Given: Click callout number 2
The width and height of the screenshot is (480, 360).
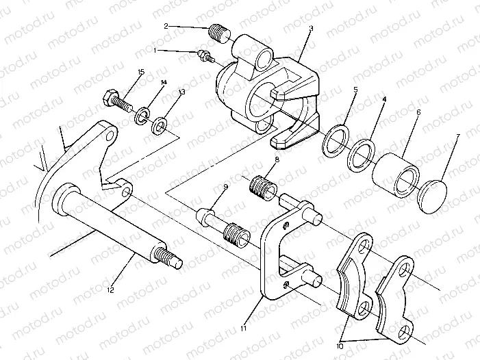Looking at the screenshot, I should (x=166, y=25).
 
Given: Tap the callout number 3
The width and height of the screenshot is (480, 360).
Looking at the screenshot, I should (x=311, y=28).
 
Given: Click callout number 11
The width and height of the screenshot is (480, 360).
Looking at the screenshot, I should (x=243, y=329).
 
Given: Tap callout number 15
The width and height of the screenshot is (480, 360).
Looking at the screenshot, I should (x=141, y=72).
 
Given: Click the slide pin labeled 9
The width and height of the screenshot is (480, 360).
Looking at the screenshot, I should (x=210, y=220).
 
